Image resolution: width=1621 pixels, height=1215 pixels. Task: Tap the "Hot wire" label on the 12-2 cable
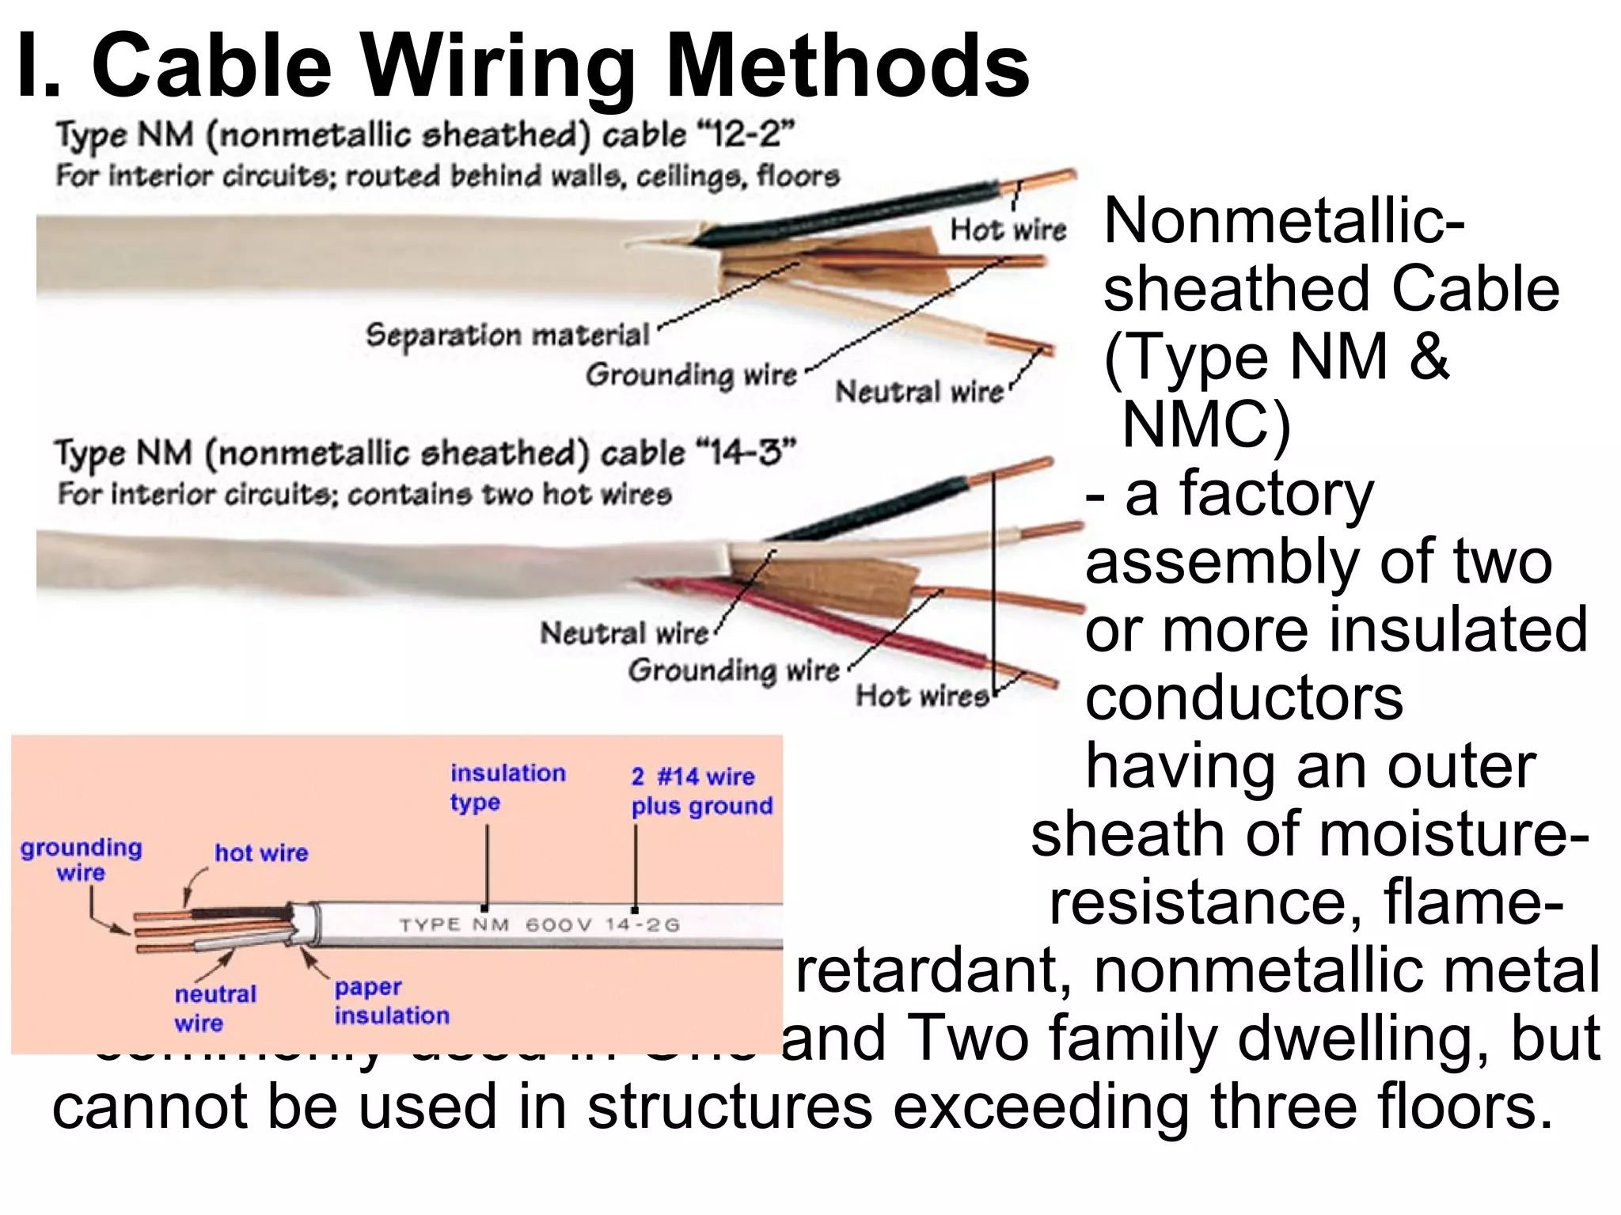[x=1008, y=230]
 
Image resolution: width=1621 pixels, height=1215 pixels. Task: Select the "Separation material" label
[x=507, y=336]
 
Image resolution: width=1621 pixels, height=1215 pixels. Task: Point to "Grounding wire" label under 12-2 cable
[x=691, y=374]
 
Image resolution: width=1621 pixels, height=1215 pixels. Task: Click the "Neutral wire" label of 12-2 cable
[x=919, y=392]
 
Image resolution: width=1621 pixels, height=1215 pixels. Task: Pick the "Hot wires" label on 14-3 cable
[x=921, y=696]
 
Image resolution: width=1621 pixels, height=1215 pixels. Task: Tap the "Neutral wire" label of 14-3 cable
[x=624, y=633]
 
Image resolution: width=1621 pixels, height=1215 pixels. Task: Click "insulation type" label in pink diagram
[x=507, y=788]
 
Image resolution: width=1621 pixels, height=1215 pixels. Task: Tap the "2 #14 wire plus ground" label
[x=700, y=791]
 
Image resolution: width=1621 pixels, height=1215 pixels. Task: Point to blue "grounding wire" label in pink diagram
[x=81, y=860]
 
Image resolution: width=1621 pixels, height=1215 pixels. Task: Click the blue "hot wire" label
[x=261, y=853]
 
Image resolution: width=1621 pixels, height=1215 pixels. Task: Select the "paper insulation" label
[x=391, y=1001]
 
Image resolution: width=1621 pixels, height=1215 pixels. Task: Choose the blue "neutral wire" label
[x=214, y=1008]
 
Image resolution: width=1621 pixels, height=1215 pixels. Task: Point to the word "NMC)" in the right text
[x=1205, y=426]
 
